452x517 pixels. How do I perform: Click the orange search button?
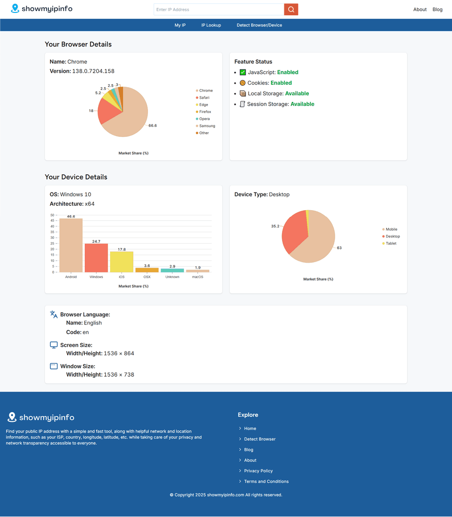point(291,10)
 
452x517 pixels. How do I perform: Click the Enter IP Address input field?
point(219,10)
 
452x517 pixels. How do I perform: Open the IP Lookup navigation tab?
point(211,25)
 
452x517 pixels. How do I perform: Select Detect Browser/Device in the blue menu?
point(259,25)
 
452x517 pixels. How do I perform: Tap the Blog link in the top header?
point(437,10)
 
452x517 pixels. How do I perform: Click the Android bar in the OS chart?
point(71,245)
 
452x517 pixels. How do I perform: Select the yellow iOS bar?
point(122,261)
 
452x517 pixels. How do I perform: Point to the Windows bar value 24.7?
point(96,241)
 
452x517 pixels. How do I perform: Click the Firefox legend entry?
point(205,112)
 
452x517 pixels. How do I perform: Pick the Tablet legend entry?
point(391,244)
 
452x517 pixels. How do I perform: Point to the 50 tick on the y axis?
point(52,215)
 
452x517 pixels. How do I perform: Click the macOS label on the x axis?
point(198,277)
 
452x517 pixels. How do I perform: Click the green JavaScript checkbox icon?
point(243,72)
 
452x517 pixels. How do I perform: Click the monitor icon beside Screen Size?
point(54,345)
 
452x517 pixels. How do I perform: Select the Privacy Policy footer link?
point(258,471)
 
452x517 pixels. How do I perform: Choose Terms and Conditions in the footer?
point(266,482)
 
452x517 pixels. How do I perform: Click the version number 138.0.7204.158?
point(93,71)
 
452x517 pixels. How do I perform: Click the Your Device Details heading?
point(76,177)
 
